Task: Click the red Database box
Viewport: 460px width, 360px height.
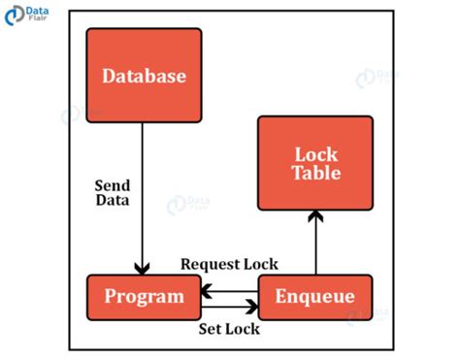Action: point(144,75)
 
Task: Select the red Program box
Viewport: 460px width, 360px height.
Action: point(144,296)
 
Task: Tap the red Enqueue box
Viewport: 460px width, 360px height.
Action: point(315,296)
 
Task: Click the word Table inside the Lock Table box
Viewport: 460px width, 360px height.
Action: point(315,174)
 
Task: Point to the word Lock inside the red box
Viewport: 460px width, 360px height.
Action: point(315,154)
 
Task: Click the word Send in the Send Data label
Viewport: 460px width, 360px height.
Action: point(113,185)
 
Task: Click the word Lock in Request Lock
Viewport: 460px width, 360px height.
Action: point(261,264)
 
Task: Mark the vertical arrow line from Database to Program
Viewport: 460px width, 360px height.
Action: point(144,194)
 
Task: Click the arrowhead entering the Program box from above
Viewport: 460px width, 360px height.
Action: point(144,270)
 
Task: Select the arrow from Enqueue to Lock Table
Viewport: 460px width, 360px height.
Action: point(315,247)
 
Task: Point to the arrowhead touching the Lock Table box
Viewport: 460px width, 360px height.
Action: point(315,217)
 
